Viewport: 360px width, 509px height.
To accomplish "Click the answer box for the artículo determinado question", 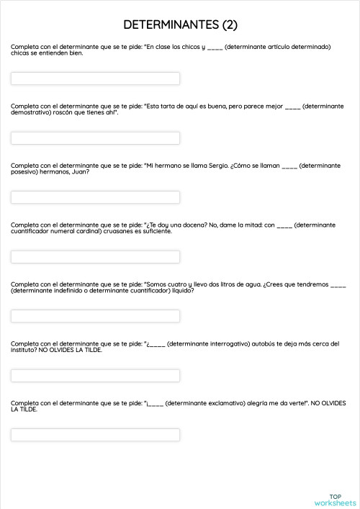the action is tap(95, 78).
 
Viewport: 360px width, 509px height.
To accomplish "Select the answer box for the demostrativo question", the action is tap(95, 138).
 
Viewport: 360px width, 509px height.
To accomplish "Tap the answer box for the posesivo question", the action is tap(95, 197).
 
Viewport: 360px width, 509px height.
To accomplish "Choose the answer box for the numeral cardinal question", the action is tap(95, 257).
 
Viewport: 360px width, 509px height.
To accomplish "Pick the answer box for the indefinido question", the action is tap(95, 316).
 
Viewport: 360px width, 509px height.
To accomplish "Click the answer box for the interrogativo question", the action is tap(95, 376).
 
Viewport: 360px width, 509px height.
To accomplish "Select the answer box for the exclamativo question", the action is tap(95, 435).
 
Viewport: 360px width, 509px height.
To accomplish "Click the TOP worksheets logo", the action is tap(335, 499).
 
